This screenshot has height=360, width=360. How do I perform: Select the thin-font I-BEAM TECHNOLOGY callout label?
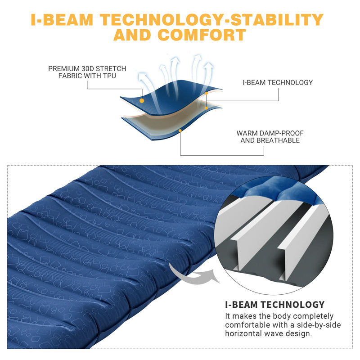pos(278,82)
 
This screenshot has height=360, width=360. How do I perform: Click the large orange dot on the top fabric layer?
pos(142,101)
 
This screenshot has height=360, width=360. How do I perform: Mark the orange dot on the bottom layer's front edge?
pos(180,131)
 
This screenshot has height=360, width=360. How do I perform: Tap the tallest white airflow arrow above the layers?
pos(196,67)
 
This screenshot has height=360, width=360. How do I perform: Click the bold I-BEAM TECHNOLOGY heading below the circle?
pos(274,305)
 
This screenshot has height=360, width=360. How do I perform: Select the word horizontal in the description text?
pos(243,333)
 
